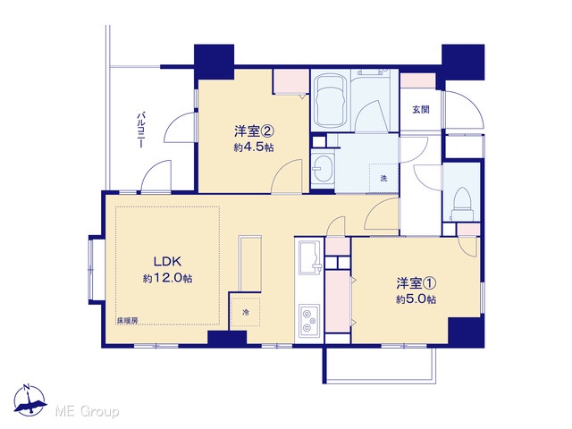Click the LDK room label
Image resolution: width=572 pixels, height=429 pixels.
[167, 262]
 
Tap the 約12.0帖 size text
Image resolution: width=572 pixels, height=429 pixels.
[167, 279]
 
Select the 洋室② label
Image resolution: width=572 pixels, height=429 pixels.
[254, 130]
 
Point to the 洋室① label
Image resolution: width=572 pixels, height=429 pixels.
[416, 282]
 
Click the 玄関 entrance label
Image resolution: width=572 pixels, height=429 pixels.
[421, 109]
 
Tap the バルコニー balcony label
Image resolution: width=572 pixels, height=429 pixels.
[140, 130]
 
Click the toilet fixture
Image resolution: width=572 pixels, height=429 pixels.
[462, 205]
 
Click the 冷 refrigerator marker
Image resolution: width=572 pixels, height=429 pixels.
[247, 313]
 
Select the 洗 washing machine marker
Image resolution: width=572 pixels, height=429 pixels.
[383, 179]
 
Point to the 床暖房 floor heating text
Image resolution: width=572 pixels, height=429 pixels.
[127, 321]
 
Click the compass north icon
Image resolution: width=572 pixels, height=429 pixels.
[30, 400]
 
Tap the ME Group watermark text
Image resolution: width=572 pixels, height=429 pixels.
[87, 412]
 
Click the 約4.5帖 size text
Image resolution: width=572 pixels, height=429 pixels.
[254, 147]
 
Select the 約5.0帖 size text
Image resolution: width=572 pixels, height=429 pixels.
[416, 299]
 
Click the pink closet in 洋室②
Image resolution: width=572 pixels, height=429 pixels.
[291, 81]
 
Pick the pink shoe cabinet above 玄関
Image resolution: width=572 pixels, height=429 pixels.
[418, 80]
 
